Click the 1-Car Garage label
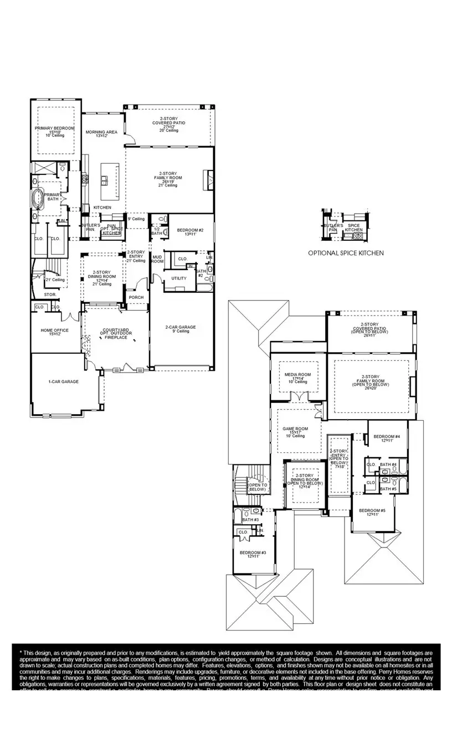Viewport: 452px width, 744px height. coord(63,381)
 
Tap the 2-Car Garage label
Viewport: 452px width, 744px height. coord(181,327)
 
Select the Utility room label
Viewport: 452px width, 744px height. coord(178,278)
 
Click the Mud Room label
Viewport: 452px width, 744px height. coord(157,259)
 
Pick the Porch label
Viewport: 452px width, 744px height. coord(136,297)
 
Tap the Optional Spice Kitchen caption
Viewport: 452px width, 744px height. coord(346,253)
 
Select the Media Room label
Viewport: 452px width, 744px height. coord(298,375)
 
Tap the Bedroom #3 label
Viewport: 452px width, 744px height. coord(253,552)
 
